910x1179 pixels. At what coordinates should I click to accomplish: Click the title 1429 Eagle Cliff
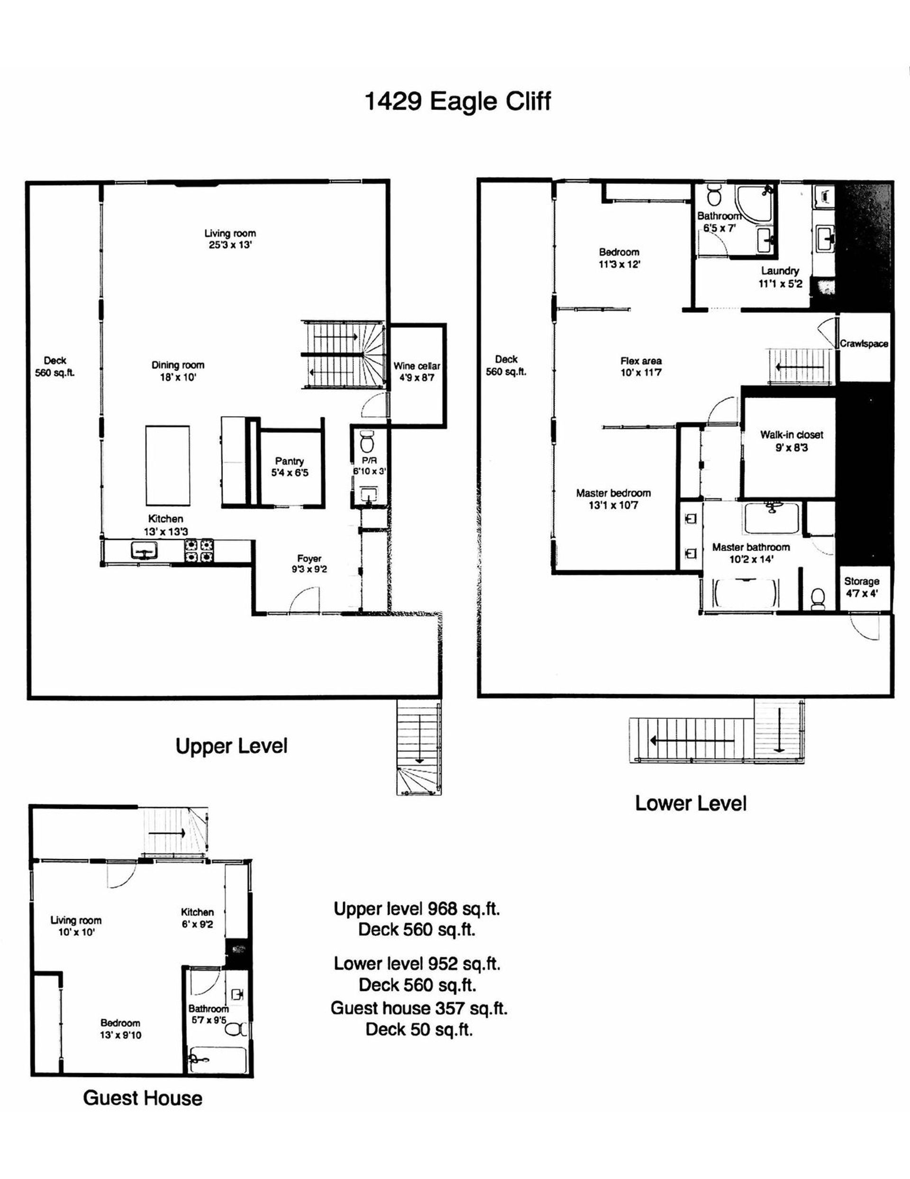tap(458, 101)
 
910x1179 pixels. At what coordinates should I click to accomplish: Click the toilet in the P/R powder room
tap(367, 441)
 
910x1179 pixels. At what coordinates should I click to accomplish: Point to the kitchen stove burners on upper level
tap(199, 551)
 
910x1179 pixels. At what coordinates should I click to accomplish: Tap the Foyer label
tap(309, 559)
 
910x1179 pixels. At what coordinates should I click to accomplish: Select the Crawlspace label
tap(864, 343)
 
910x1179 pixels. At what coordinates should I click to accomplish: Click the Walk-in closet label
tap(792, 434)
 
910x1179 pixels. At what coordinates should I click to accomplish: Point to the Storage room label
tap(862, 581)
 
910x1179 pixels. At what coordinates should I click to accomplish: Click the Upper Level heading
tap(231, 746)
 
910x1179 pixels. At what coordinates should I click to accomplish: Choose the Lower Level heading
tap(691, 803)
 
